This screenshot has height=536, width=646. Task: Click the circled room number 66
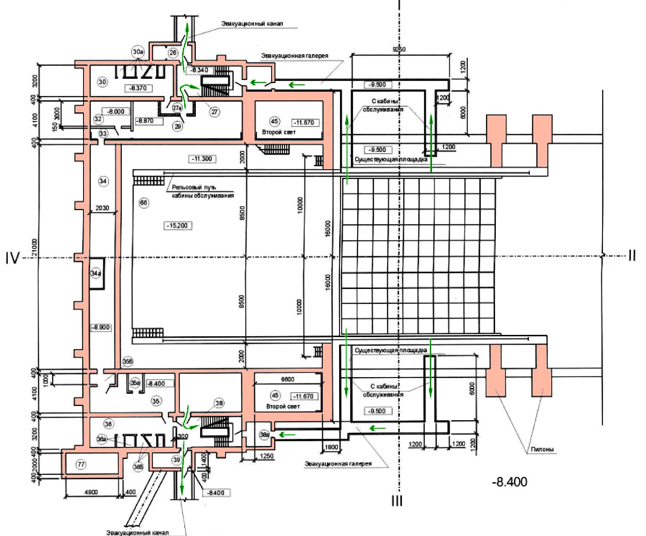(144, 202)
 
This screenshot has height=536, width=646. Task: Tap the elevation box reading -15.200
(178, 226)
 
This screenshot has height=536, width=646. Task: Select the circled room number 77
(80, 464)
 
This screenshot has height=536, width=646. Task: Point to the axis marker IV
(12, 258)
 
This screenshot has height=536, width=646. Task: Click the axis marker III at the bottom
(397, 501)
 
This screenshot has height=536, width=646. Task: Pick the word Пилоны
(542, 449)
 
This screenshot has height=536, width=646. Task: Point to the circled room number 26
(173, 53)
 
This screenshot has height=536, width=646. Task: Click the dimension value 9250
(399, 49)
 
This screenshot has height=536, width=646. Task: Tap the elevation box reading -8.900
(101, 328)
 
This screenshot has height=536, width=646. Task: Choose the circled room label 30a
(138, 52)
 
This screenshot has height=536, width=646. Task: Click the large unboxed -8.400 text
(510, 481)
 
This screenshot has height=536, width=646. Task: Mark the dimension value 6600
(287, 379)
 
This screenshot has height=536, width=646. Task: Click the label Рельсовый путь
(194, 187)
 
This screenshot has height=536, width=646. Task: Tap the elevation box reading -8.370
(138, 88)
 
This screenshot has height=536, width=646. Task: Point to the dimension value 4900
(91, 492)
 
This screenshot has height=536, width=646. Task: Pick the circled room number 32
(99, 119)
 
